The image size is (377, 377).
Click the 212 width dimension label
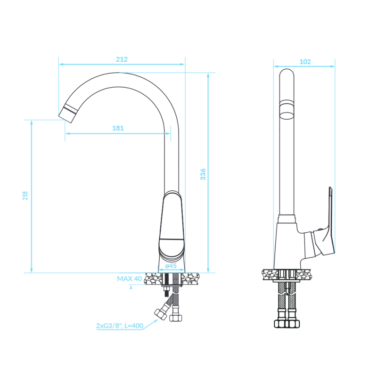122,59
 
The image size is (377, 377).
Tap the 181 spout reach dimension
118,128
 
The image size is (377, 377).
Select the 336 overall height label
203,174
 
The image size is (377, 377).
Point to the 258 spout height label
25,196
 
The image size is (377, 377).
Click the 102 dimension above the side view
305,62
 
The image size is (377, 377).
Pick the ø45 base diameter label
171,266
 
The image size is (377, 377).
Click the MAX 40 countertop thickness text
129,279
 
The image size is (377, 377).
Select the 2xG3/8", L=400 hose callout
120,326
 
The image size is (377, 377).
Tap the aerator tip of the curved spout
68,114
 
